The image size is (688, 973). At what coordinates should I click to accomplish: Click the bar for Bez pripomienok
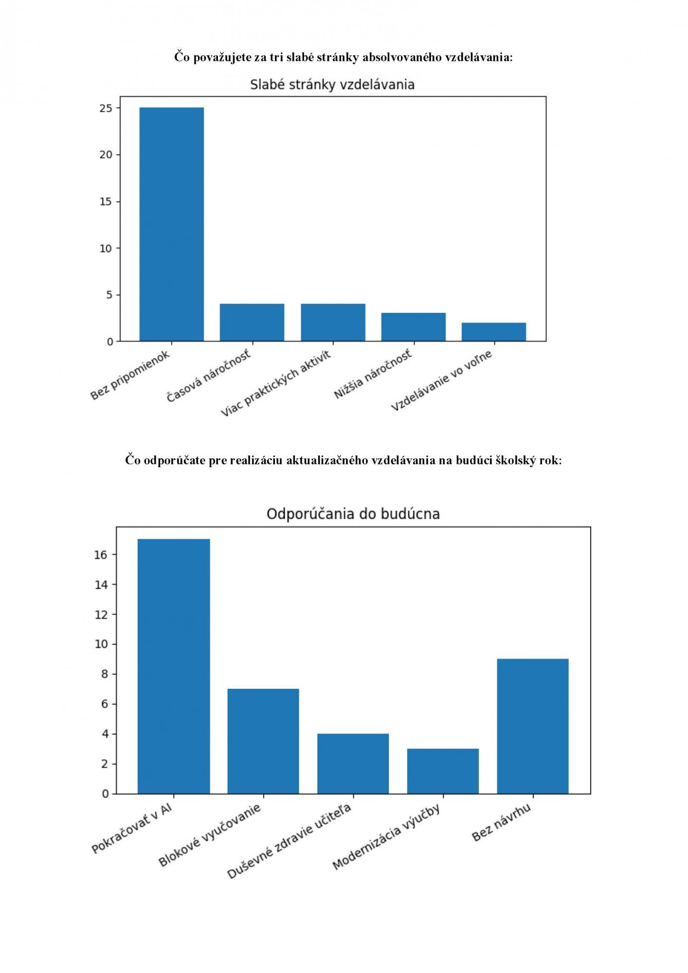171,224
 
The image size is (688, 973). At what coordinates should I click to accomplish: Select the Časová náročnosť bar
252,322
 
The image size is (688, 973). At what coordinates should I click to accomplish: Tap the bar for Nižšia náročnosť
413,326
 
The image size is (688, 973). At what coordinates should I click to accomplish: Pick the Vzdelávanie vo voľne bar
493,331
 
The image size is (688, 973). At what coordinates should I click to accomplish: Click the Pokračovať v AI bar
174,666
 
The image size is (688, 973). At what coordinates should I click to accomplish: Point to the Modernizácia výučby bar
443,771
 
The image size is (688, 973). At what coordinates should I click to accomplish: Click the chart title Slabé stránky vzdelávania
332,85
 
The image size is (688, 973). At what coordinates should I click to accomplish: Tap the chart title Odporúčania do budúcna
353,514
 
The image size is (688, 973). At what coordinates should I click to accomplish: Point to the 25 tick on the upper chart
106,108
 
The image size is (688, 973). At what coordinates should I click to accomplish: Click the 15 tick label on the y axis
106,201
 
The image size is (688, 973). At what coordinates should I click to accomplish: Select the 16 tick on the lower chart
101,555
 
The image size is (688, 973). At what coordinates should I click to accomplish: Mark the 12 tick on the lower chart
101,614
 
